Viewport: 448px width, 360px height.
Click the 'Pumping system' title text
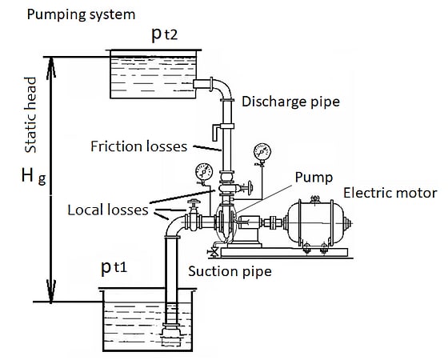point(80,14)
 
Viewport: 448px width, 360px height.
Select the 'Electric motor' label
point(390,193)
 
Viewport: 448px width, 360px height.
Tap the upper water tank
point(152,74)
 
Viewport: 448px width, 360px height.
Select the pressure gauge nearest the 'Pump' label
point(259,152)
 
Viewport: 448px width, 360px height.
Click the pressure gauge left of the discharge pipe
point(203,172)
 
